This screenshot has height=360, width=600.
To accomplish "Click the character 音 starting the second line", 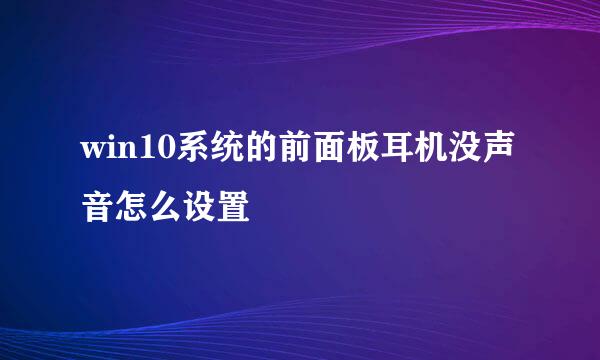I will coord(98,206).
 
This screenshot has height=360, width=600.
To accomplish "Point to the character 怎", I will coord(132,206).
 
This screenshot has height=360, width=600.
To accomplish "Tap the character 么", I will coord(166,206).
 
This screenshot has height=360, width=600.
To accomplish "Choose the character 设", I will coord(200,206).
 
